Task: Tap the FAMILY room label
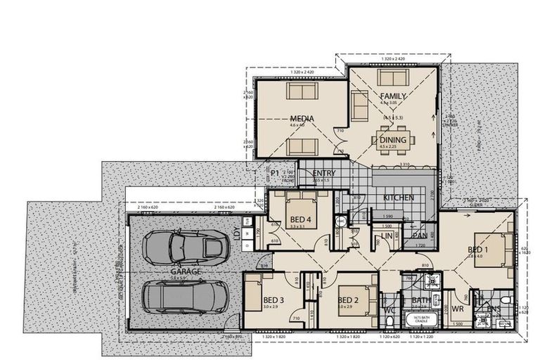tap(393, 95)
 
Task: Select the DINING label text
tap(392, 141)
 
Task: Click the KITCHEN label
tap(398, 198)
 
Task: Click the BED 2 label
tap(349, 301)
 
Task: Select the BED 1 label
tap(478, 250)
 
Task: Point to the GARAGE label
tap(186, 271)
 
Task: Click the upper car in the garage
tap(186, 246)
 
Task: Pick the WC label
tap(390, 309)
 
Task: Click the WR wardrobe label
tap(458, 309)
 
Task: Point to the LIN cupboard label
tap(387, 236)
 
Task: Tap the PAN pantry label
tap(420, 236)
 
